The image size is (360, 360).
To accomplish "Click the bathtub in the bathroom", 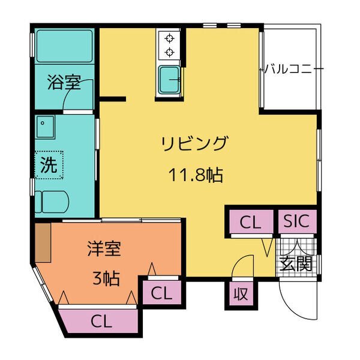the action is click(65, 46).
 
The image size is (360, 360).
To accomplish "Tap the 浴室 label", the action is click(64, 82).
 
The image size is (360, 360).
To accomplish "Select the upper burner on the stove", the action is click(169, 38).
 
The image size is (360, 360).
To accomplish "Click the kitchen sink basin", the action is click(169, 79).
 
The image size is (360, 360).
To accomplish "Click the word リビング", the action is click(195, 143).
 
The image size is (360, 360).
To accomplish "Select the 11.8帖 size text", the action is click(196, 175).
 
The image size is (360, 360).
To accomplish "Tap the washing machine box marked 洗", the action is click(49, 164).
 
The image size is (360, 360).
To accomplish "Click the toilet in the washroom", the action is click(52, 202).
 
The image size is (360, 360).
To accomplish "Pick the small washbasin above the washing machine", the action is click(45, 127).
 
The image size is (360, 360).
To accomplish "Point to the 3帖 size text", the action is click(106, 278).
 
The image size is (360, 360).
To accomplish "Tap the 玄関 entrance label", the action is click(296, 263).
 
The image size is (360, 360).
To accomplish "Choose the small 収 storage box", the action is click(241, 293).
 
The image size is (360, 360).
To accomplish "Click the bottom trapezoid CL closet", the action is click(101, 321).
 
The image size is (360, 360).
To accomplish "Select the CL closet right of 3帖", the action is click(162, 293).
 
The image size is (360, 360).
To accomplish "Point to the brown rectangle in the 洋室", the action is click(43, 242).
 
